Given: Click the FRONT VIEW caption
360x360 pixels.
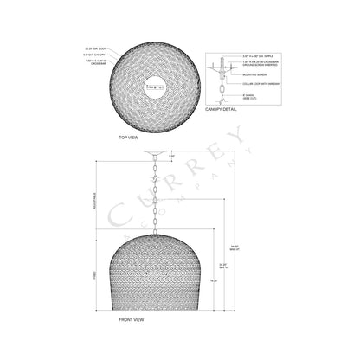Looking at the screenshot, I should click(131, 320).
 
